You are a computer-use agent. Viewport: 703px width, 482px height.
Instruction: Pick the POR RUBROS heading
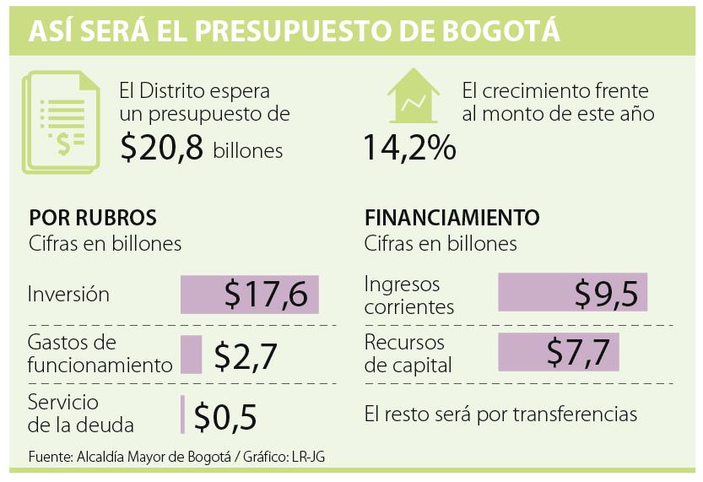(92, 217)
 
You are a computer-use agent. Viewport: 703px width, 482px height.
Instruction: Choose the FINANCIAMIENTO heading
(452, 217)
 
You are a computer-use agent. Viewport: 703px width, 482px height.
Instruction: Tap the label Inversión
(69, 295)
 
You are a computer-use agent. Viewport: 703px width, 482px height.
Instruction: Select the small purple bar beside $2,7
(192, 355)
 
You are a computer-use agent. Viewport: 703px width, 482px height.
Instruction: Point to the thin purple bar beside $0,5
(182, 414)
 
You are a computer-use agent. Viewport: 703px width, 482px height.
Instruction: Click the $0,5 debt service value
(224, 416)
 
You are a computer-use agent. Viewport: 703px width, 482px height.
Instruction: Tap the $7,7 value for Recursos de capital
(577, 352)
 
